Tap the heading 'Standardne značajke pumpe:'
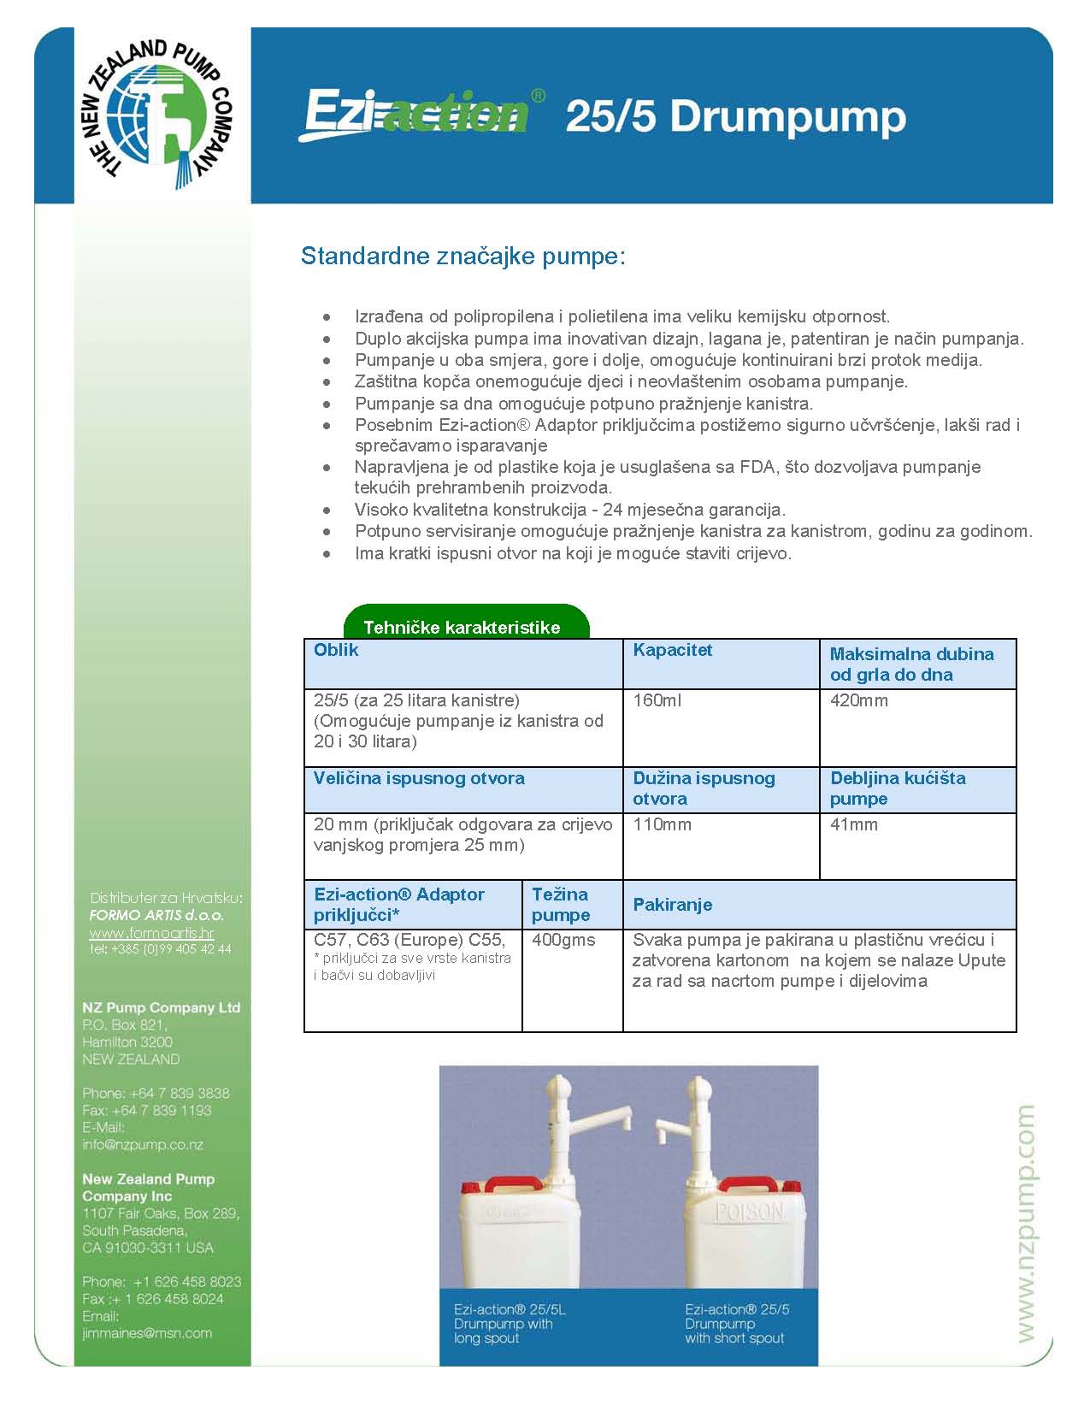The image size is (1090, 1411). [x=463, y=256]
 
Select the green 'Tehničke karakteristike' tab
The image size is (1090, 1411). [x=463, y=625]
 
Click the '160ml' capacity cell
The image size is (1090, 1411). [x=657, y=701]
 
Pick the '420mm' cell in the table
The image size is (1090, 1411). [x=858, y=701]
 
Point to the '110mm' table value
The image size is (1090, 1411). [x=662, y=825]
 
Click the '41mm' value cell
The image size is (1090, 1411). [x=854, y=825]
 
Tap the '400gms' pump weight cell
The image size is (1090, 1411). [x=563, y=940]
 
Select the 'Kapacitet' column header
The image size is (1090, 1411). [x=672, y=651]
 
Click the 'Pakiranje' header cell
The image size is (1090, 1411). [x=672, y=905]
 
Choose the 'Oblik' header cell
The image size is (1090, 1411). [x=336, y=651]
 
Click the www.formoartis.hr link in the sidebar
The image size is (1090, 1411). [x=151, y=933]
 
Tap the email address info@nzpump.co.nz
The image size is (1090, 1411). [x=143, y=1145]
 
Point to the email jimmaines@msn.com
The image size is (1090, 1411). [x=147, y=1333]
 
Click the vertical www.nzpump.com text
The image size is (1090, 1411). [x=1025, y=1223]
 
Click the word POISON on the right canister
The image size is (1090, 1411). [x=749, y=1211]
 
